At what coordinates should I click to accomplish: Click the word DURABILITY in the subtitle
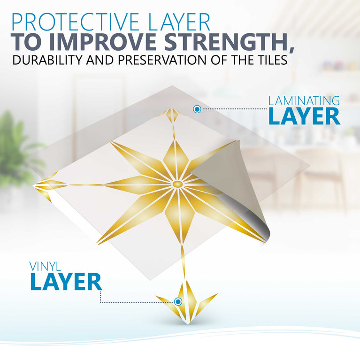click(x=44, y=61)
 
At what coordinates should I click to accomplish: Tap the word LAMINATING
click(x=304, y=100)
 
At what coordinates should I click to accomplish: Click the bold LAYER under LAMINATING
click(x=304, y=116)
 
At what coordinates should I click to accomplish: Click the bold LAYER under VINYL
click(x=66, y=282)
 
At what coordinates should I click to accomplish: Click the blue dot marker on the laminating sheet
click(x=197, y=109)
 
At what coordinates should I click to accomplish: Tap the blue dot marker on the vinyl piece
click(x=178, y=301)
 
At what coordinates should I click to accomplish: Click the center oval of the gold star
click(x=177, y=184)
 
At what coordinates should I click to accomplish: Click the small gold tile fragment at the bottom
click(x=187, y=303)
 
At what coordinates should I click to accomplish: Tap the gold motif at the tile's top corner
click(x=172, y=114)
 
